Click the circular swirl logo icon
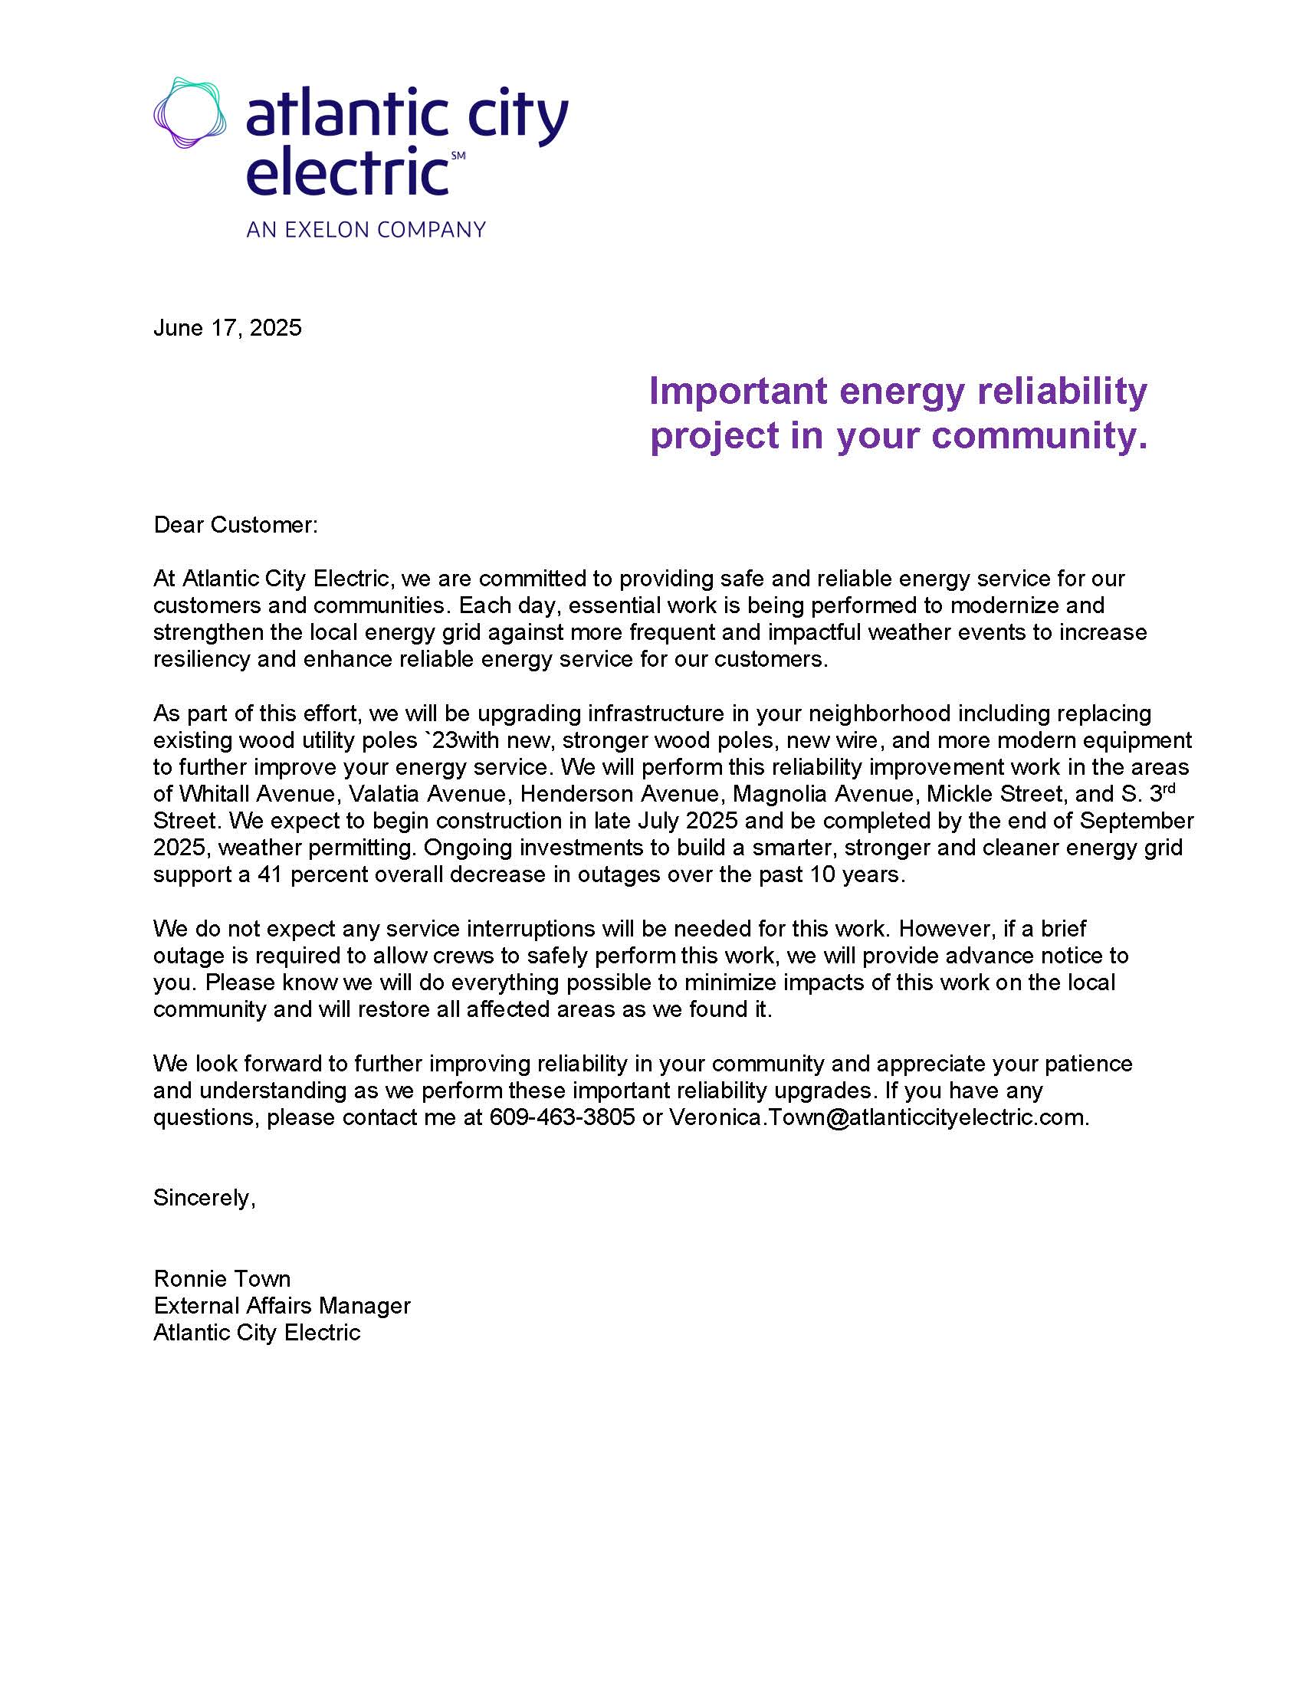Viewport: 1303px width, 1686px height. [x=189, y=113]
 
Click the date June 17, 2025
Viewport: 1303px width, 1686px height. [x=227, y=328]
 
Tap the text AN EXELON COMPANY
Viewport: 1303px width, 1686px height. [x=366, y=229]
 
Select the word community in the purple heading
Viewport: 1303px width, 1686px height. [x=1041, y=435]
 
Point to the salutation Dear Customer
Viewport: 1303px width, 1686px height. [x=235, y=525]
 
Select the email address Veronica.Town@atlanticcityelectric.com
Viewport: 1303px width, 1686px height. [x=878, y=1117]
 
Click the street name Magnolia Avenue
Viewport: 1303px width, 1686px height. [x=823, y=794]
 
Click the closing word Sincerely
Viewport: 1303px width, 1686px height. [x=204, y=1197]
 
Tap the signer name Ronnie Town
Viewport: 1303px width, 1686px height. [x=222, y=1278]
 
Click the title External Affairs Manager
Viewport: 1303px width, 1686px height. [x=282, y=1305]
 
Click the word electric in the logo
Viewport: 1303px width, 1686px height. [x=347, y=172]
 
